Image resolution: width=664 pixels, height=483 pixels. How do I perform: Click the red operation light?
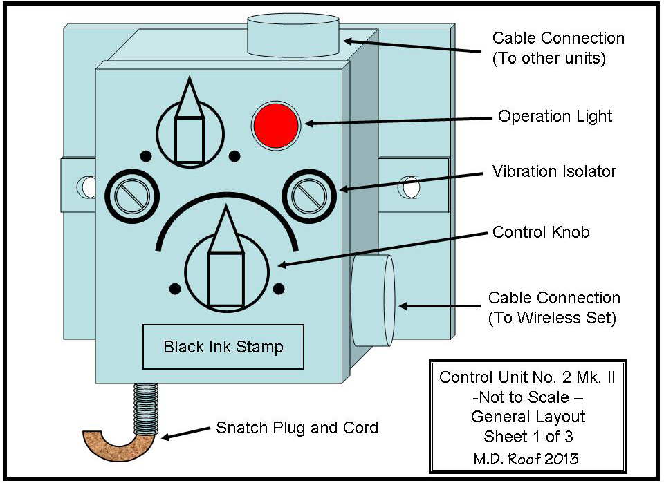click(275, 124)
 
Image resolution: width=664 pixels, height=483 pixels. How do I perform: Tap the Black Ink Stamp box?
click(223, 346)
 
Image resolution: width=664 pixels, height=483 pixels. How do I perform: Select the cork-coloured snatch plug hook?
click(121, 443)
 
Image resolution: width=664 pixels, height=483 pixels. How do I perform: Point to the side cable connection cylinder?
click(373, 300)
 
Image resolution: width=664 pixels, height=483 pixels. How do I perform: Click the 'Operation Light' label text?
click(555, 116)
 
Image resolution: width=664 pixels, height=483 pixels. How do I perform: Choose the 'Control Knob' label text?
click(541, 232)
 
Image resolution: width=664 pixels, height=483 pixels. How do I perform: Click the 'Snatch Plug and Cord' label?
click(297, 428)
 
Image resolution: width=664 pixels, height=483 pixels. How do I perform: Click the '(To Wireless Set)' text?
click(553, 319)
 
